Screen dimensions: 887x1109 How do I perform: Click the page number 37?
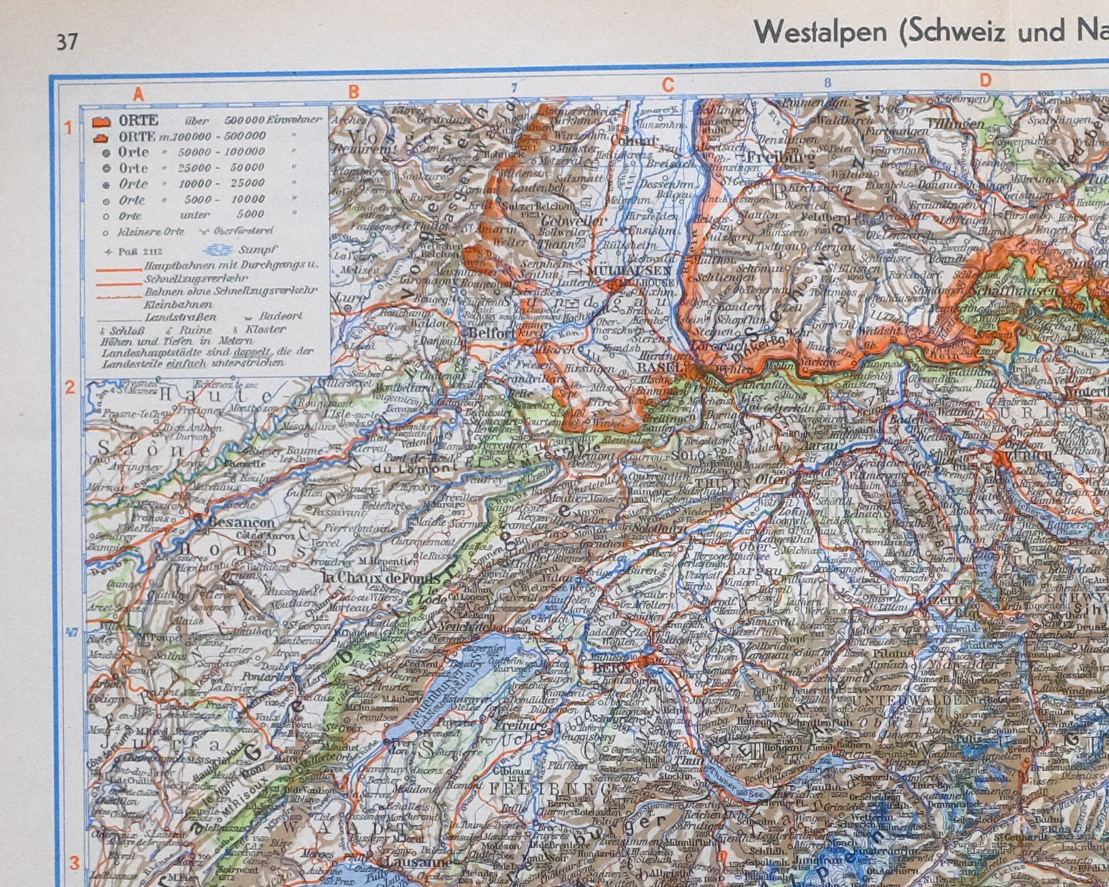pyautogui.click(x=67, y=43)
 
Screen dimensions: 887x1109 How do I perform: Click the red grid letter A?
pyautogui.click(x=139, y=93)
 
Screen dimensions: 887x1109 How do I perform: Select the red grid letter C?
pyautogui.click(x=668, y=85)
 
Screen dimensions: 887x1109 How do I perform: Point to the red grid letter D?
pyautogui.click(x=985, y=81)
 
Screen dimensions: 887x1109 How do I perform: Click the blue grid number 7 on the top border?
pyautogui.click(x=514, y=88)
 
